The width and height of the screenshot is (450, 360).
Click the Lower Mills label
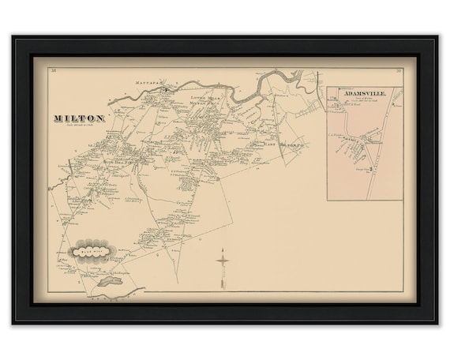tap(204, 95)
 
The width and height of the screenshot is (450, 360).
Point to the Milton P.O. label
tap(205, 101)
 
